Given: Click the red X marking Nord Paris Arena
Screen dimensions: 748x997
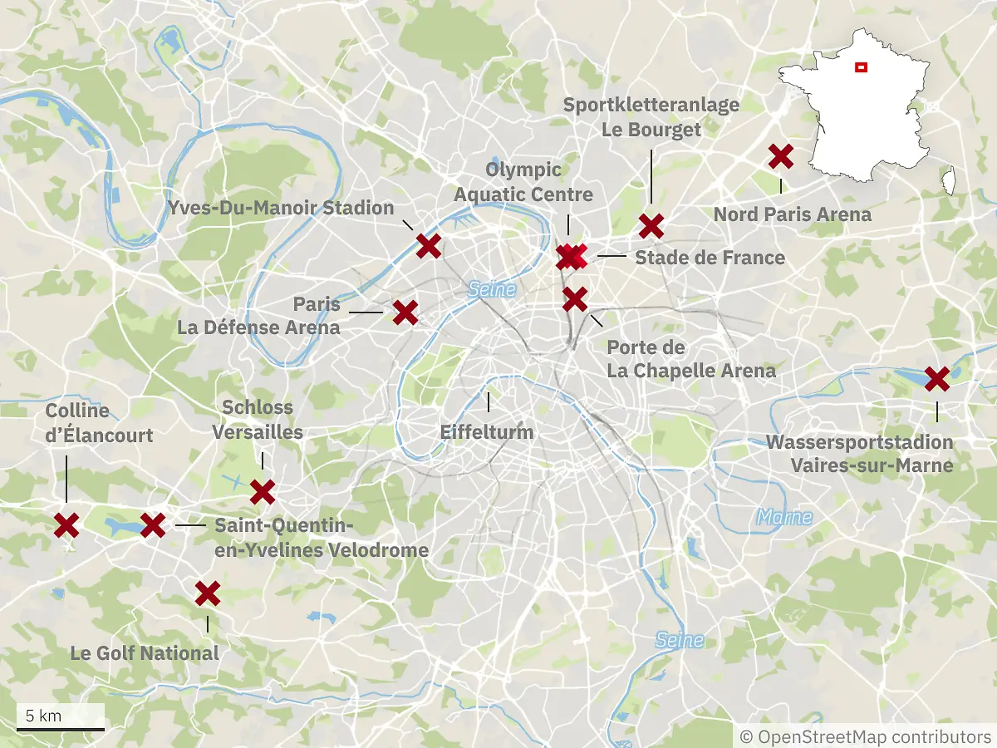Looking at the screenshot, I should pos(780,155).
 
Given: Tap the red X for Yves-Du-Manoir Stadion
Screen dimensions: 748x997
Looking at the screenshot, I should pos(428,245).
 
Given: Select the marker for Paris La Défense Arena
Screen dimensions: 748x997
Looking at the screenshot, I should pos(405,312).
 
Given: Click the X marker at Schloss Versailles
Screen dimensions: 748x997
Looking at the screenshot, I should pos(263,492).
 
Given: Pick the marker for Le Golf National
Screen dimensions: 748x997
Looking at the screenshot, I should pos(207,593).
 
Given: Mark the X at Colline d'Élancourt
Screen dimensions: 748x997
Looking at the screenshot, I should pos(66,524).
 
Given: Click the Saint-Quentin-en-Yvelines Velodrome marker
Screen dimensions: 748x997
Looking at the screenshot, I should pos(153,524).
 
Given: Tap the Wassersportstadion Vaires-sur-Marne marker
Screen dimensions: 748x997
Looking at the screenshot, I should pos(937,378).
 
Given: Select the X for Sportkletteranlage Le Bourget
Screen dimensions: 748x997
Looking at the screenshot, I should pos(651,225).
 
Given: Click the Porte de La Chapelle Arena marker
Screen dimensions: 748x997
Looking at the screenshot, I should pos(575,298).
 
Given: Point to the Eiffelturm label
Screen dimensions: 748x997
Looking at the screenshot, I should pos(486,432).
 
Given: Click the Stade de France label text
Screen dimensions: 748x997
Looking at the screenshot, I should pos(710,258).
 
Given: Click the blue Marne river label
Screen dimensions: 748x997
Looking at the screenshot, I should pos(784,517).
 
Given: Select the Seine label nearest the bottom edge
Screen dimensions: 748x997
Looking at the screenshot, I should pos(679,640).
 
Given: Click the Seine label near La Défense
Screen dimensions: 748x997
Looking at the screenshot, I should pos(492,289).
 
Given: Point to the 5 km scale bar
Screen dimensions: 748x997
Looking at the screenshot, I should pos(61,728).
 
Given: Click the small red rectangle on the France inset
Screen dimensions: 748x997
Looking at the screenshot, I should pos(862,67).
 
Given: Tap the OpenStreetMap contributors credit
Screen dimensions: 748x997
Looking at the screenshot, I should pos(865,736).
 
